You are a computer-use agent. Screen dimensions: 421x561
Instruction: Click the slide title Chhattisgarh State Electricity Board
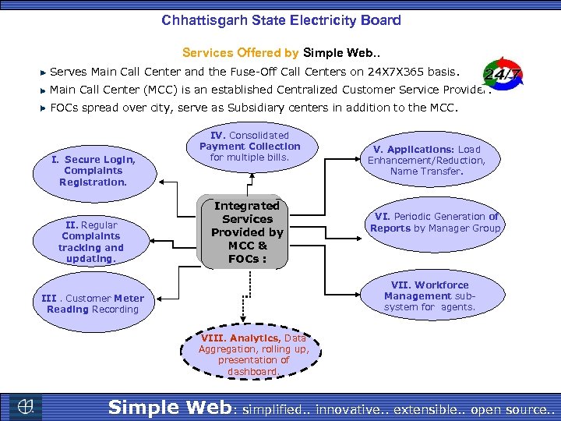point(281,19)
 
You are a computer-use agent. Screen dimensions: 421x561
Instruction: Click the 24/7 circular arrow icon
point(503,75)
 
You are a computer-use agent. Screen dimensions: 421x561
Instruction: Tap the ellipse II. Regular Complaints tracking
point(90,241)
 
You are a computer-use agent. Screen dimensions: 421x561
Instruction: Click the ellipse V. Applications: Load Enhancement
point(426,160)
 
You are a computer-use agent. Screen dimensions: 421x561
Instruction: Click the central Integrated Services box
point(247,232)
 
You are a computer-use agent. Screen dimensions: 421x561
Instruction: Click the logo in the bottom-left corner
point(26,406)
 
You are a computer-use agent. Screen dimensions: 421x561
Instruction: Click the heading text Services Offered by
point(240,53)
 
